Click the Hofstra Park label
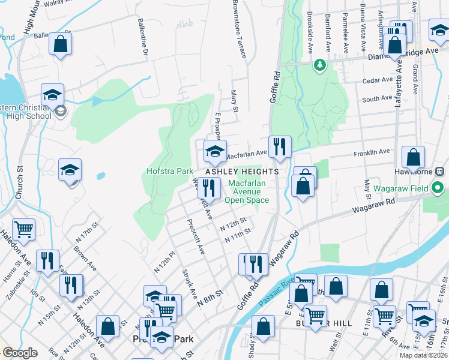[170, 171]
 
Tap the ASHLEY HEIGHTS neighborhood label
[243, 172]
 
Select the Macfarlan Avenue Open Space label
[247, 190]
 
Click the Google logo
[20, 353]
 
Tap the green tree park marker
[320, 64]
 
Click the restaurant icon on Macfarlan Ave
[280, 147]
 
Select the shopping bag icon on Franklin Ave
[413, 158]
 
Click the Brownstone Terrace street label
[240, 29]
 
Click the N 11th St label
[237, 238]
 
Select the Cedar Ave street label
[377, 80]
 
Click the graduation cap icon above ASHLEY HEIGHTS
[214, 151]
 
